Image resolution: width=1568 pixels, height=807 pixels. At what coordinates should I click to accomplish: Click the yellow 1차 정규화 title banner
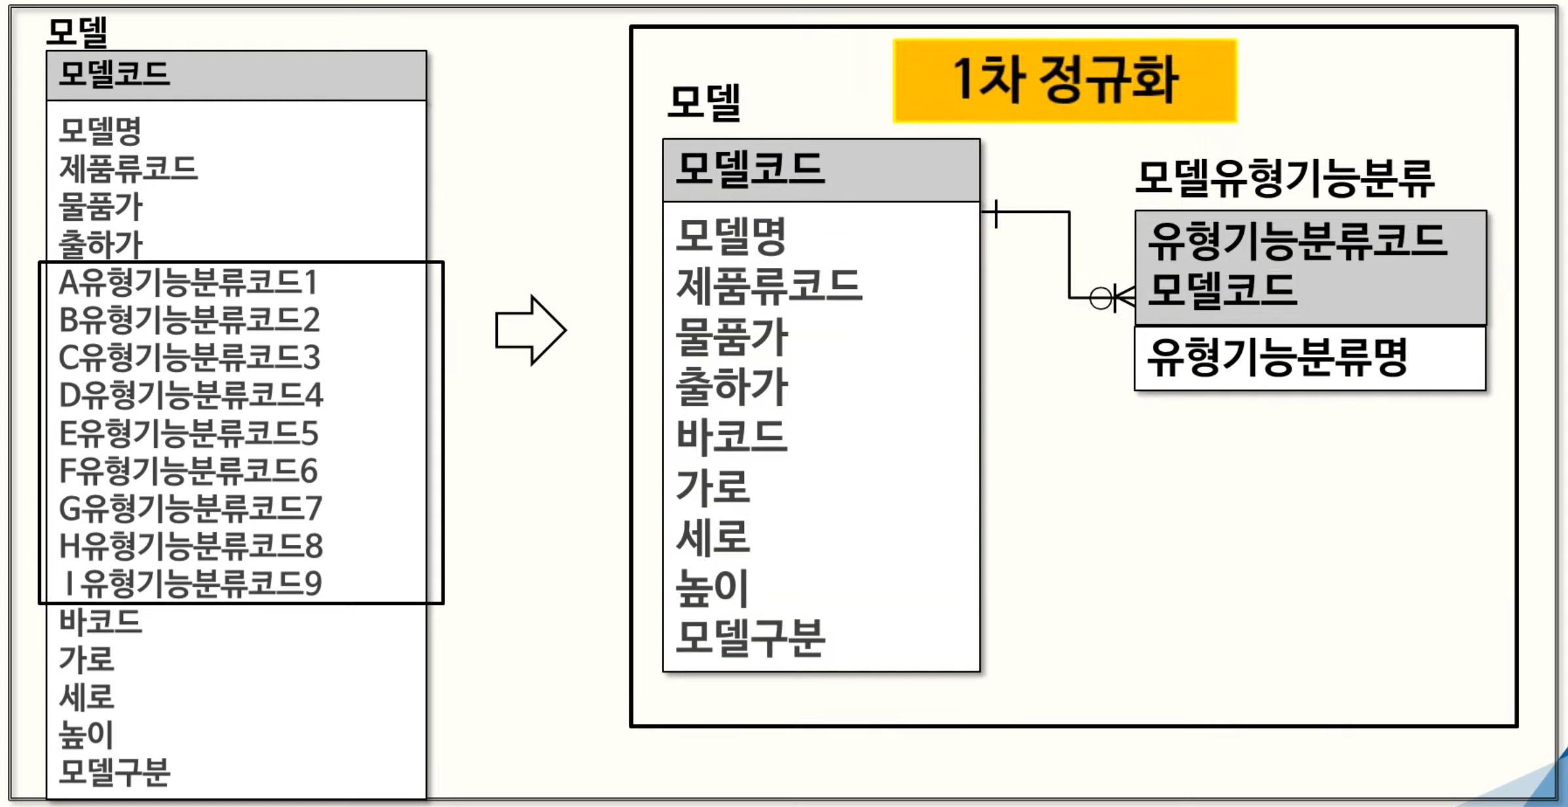1064,81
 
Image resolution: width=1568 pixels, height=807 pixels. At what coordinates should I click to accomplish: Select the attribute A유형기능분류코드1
188,283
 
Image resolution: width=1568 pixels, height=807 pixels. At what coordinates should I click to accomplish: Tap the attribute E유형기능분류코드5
189,434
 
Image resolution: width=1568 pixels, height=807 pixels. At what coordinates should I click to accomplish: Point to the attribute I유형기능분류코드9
191,584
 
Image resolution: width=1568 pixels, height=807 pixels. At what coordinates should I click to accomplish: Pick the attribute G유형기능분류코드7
191,509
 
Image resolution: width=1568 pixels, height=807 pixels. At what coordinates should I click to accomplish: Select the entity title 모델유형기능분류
1284,178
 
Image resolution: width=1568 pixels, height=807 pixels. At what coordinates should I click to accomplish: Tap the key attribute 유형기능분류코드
1296,240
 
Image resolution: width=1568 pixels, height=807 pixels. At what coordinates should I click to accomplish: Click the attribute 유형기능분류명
1277,358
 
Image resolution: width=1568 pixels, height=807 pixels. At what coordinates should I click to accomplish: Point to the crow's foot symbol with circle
1113,298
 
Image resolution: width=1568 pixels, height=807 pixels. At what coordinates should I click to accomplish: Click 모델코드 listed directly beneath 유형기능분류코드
1222,290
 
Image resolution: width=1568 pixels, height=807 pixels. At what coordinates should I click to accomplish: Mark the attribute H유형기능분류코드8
191,546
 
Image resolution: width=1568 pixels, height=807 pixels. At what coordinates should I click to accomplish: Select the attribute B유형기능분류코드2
189,320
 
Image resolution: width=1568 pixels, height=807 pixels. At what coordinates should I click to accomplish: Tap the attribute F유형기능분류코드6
189,471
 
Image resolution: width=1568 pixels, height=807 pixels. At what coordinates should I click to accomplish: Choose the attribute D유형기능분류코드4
191,396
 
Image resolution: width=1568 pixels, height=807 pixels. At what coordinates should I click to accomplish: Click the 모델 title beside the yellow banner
703,103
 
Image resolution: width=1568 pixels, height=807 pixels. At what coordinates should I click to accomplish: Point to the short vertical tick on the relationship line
996,214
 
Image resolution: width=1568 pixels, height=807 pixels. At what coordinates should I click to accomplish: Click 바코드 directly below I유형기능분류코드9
100,621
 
